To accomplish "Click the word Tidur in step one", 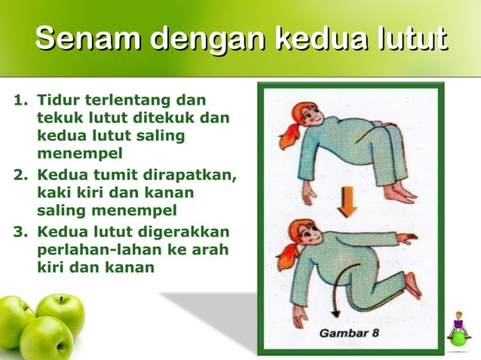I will coord(57,99).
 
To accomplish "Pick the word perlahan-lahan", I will coord(97,249).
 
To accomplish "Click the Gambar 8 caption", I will coord(350,332).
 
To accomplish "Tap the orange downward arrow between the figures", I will coord(347,200).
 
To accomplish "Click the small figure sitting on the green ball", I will coord(458,331).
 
